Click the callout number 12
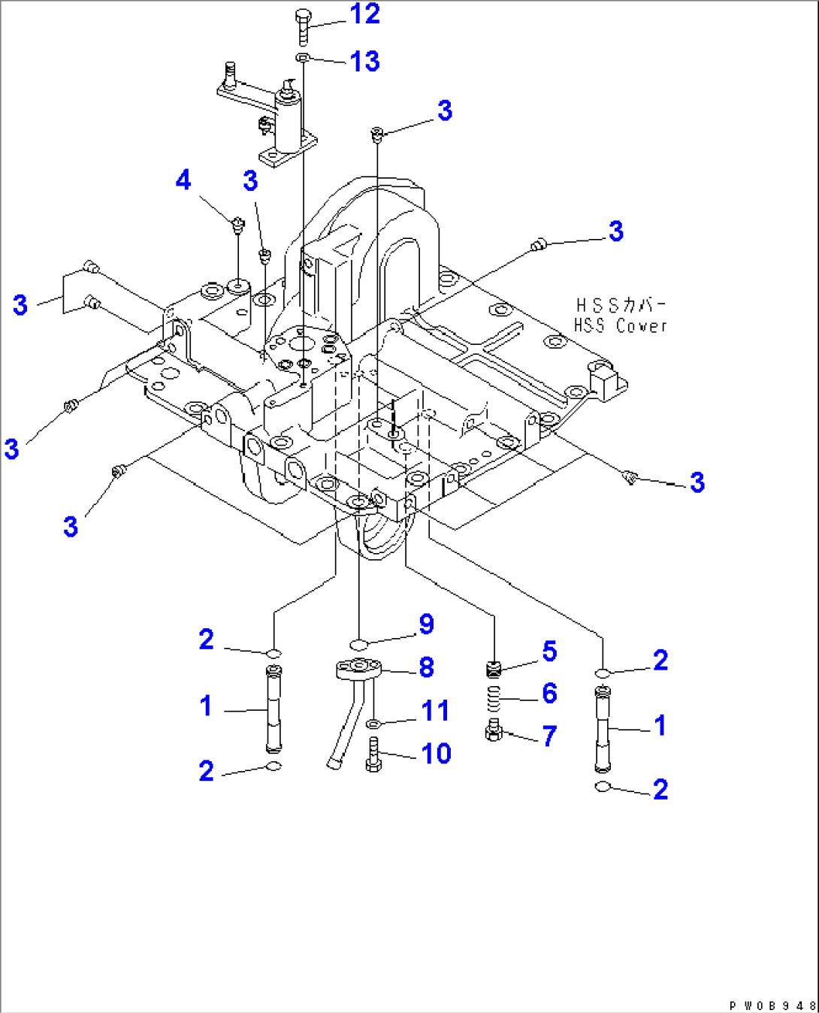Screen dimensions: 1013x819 (365, 14)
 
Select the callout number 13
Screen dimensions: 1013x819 (365, 62)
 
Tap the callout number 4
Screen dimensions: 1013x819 (183, 180)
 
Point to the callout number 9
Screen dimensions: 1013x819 (426, 624)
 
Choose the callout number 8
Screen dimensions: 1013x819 (426, 667)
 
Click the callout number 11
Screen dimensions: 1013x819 (435, 710)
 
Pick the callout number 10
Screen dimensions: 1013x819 (436, 753)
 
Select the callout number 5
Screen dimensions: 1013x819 (549, 651)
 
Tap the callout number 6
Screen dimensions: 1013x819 (549, 693)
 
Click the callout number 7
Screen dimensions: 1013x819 (549, 736)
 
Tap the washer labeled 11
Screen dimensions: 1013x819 (373, 724)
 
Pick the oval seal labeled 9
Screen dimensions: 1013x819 (359, 644)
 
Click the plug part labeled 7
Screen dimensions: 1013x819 (494, 730)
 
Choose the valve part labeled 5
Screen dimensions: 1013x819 (494, 668)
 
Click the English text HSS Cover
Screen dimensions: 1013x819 (621, 326)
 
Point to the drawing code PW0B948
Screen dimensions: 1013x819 (772, 1005)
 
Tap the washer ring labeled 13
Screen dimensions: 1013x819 (302, 58)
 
